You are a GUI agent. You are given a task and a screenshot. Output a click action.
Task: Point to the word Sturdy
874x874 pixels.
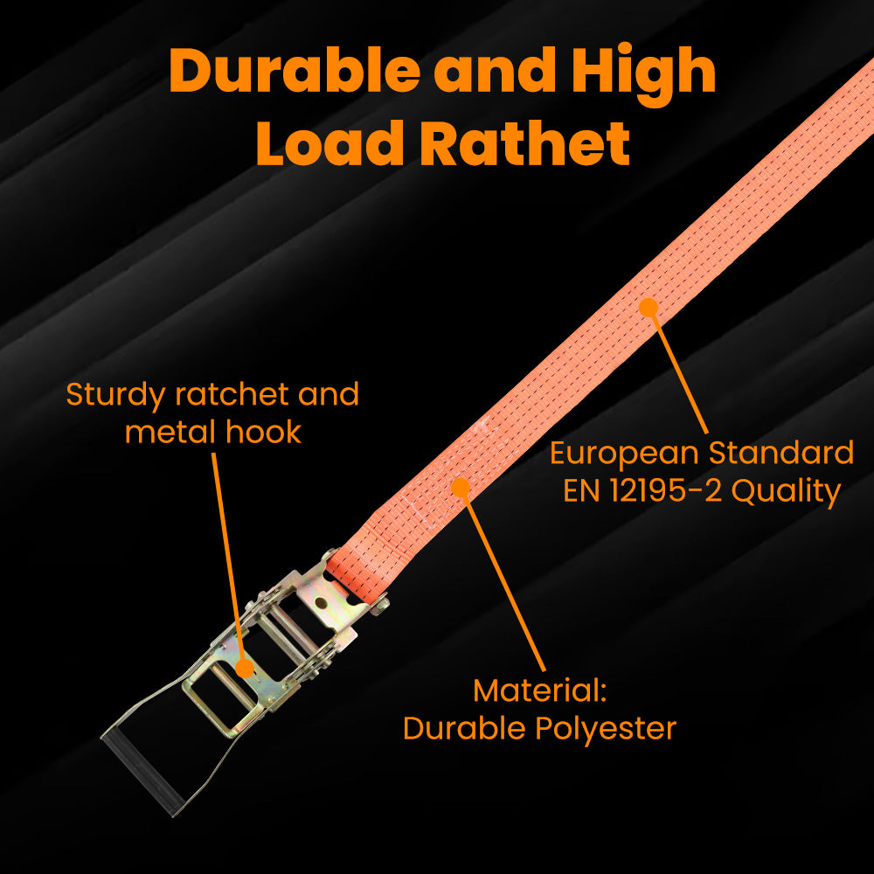(115, 395)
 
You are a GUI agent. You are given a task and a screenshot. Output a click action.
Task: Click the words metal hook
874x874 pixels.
(212, 432)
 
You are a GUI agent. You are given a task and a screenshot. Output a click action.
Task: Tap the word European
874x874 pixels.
(624, 454)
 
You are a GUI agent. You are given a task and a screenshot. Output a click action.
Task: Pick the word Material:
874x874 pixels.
(539, 690)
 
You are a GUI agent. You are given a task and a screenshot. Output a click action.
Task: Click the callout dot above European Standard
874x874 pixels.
(648, 307)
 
